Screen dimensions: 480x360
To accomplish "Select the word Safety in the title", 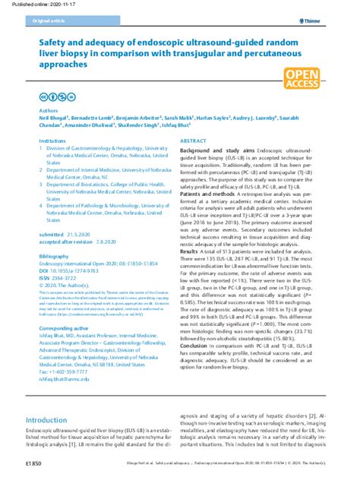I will click(57, 44).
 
